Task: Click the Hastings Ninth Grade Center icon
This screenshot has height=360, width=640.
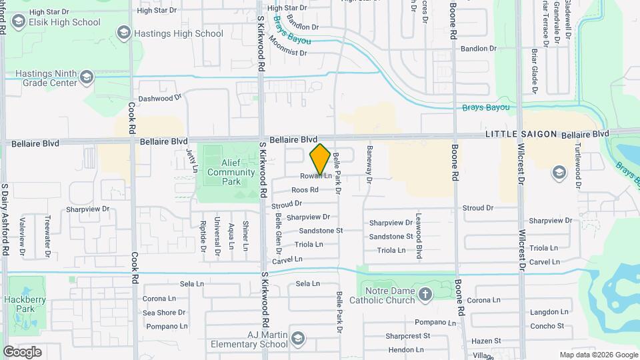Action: tap(86, 79)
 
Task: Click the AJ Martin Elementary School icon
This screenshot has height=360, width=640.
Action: tap(298, 339)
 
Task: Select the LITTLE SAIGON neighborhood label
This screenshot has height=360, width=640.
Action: tap(521, 134)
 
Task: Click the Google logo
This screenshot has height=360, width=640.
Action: tap(22, 351)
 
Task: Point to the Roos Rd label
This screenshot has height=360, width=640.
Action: tap(305, 190)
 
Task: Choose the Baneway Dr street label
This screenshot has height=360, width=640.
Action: tap(368, 164)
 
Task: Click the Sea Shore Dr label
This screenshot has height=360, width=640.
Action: tap(163, 312)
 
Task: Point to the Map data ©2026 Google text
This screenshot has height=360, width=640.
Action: tap(598, 355)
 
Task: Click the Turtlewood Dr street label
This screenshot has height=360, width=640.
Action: tap(578, 157)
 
